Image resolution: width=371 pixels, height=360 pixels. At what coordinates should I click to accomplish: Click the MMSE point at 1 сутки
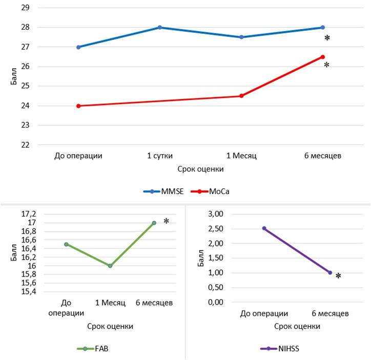click(x=160, y=27)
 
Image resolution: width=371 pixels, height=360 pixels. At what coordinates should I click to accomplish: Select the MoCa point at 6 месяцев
click(x=322, y=57)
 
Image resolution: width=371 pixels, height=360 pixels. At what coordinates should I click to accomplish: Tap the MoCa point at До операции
click(x=78, y=106)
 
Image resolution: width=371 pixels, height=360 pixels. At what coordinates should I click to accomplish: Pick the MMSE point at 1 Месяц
click(x=241, y=37)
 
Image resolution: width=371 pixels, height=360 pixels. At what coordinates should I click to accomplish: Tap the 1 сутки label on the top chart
click(x=160, y=155)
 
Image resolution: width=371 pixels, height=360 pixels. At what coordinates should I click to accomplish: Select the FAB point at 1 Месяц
click(x=110, y=266)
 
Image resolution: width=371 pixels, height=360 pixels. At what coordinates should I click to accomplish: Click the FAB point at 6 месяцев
click(x=154, y=223)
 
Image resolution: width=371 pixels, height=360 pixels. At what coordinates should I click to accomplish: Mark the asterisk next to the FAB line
click(x=166, y=221)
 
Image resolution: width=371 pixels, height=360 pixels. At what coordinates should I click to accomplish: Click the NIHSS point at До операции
click(x=264, y=228)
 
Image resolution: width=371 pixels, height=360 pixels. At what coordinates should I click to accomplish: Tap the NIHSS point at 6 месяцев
click(x=330, y=273)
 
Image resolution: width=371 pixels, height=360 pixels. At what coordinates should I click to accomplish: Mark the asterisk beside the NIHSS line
click(x=338, y=277)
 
